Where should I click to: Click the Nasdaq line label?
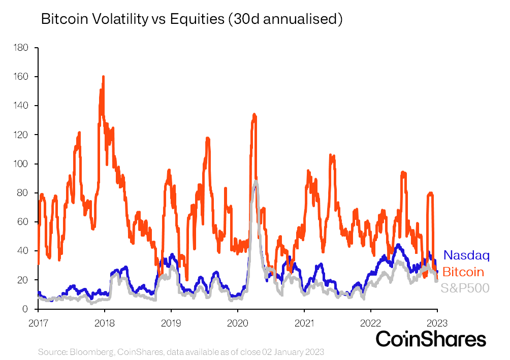[x=466, y=255]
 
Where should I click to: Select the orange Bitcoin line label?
[x=463, y=272]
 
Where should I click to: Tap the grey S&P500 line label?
[x=465, y=288]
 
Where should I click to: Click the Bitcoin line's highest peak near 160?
[x=103, y=77]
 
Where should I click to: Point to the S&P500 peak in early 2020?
[x=256, y=181]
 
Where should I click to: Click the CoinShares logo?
[x=431, y=339]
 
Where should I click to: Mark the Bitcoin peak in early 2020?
[x=254, y=115]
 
